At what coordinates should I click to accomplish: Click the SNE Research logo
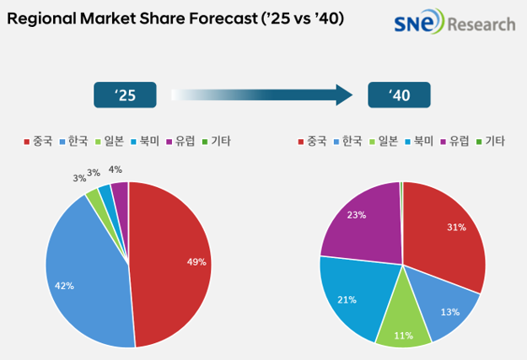point(454,23)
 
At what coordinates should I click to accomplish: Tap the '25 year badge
point(125,94)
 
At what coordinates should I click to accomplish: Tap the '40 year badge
point(399,94)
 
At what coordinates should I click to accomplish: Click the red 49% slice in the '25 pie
point(173,261)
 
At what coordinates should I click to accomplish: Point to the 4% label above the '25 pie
point(115,169)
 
